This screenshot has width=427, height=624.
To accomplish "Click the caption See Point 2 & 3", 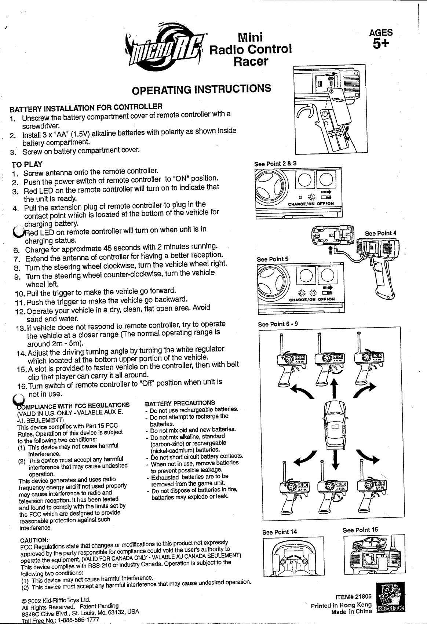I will pos(275,164).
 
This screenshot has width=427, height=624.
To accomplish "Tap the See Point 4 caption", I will pos(380,233).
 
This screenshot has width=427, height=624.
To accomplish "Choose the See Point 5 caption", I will pos(273,259).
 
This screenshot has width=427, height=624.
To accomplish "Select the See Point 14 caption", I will pos(279,532).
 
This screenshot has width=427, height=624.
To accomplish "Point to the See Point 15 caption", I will pos(360,530).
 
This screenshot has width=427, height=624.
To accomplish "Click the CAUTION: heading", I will pos(34,540).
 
